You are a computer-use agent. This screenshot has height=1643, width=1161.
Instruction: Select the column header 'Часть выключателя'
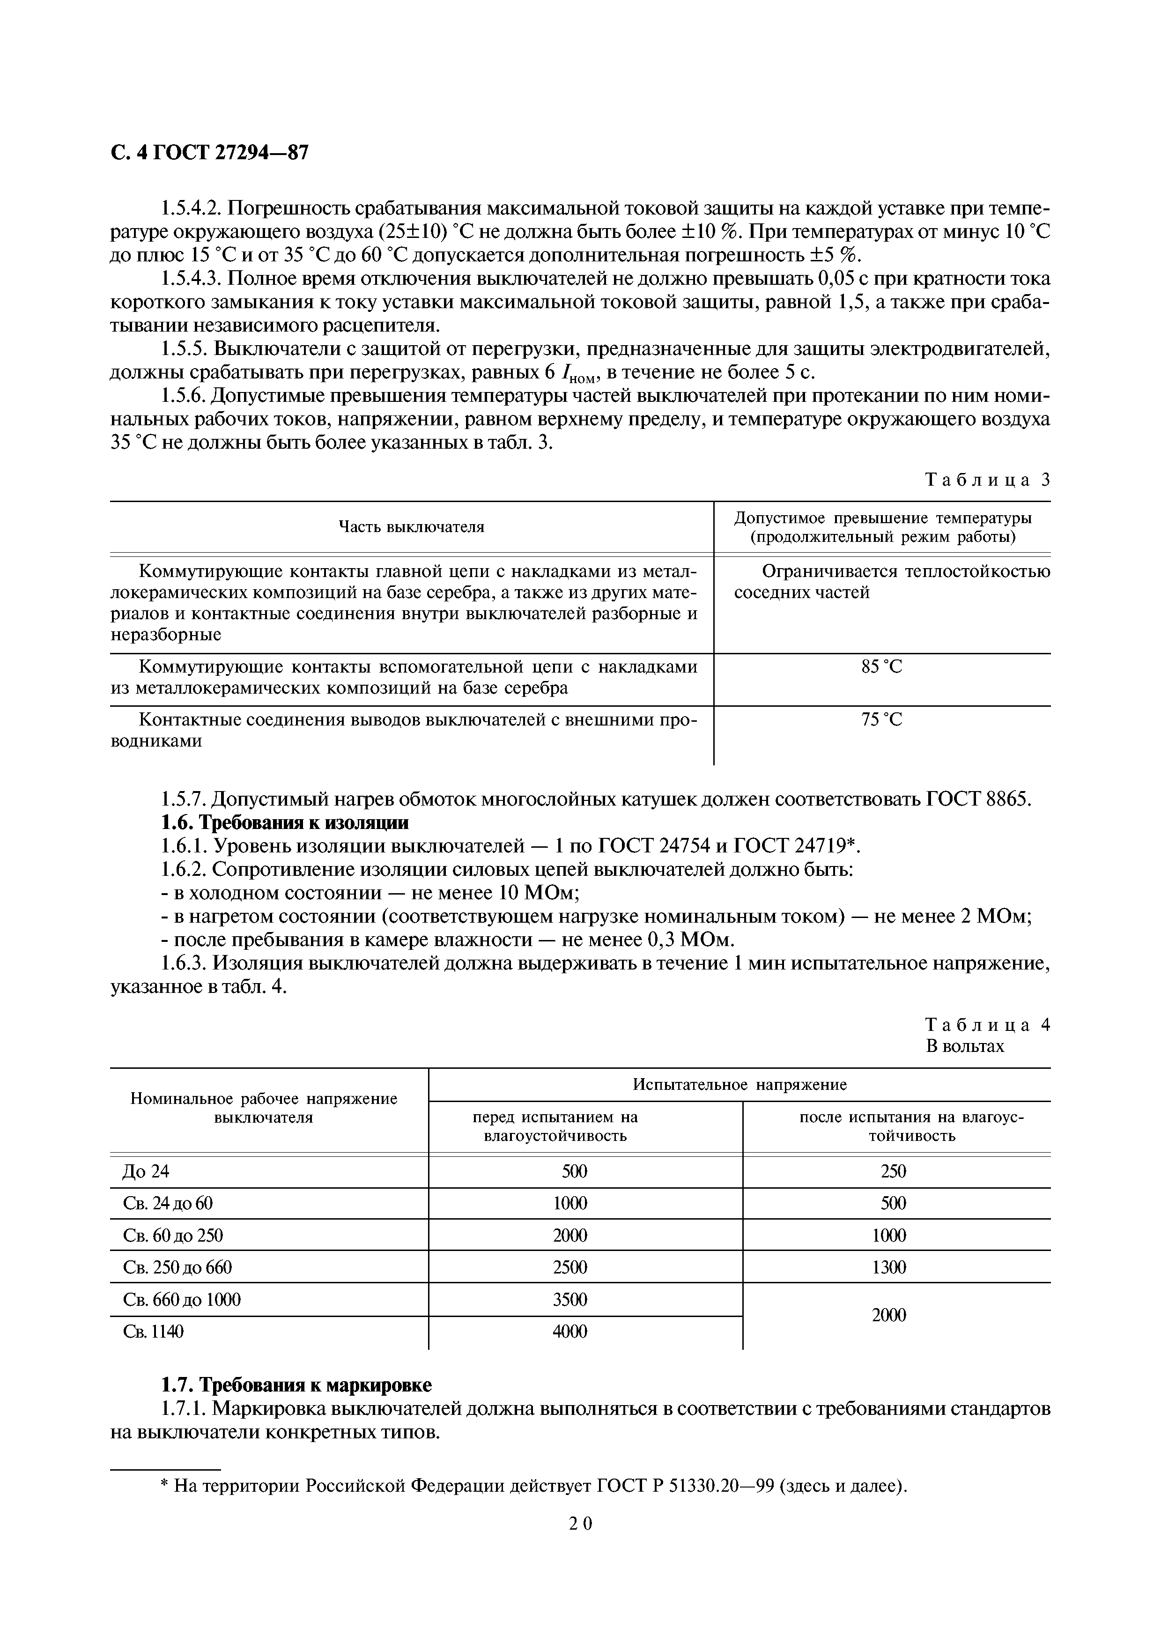click(x=411, y=527)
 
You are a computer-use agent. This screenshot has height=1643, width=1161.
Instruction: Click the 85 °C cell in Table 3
click(x=881, y=667)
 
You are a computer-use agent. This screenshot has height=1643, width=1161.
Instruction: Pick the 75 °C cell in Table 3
click(x=881, y=720)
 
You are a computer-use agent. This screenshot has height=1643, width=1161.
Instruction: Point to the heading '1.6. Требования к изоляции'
click(x=285, y=822)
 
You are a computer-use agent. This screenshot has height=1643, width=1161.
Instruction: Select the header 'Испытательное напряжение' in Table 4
click(x=739, y=1084)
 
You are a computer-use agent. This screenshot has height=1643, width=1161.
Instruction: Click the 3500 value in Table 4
click(x=569, y=1299)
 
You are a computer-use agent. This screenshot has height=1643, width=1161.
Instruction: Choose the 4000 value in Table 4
click(x=569, y=1331)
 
